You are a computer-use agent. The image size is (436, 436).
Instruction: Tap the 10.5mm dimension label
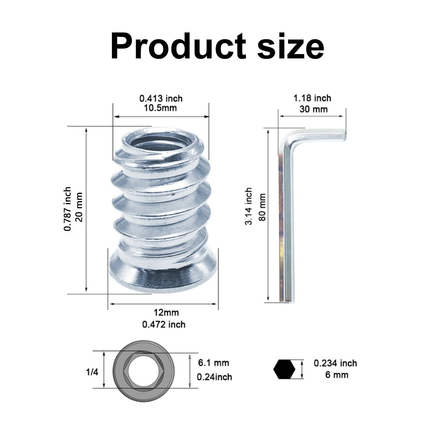(x=160, y=108)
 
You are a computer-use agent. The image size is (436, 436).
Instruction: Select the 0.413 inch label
(x=161, y=99)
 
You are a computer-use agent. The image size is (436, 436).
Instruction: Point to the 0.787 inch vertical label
(x=67, y=209)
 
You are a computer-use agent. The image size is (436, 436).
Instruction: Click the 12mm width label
(x=166, y=313)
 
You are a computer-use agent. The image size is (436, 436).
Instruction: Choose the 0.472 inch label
(x=164, y=324)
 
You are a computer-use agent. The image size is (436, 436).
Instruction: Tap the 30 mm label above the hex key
(x=313, y=109)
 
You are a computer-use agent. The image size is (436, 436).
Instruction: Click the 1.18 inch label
(x=312, y=98)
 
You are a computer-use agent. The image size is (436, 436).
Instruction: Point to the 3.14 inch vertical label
(x=249, y=206)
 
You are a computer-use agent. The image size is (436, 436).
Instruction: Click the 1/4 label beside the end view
(x=92, y=372)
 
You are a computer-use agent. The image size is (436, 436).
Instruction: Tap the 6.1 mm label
(x=213, y=363)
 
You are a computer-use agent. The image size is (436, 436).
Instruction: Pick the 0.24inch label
(x=215, y=377)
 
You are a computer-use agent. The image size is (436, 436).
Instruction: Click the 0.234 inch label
(x=335, y=363)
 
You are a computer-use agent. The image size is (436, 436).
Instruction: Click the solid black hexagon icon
(x=284, y=369)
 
